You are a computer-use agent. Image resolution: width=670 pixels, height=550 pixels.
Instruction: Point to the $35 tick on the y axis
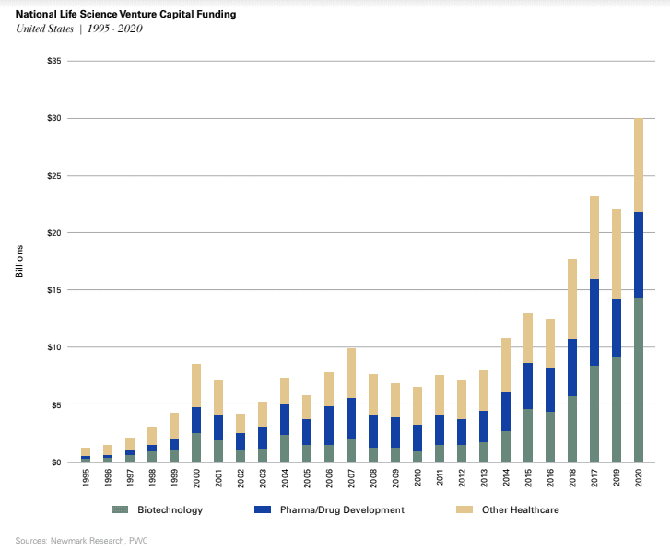(53, 61)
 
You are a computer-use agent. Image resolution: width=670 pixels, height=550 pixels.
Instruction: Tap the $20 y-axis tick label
(53, 233)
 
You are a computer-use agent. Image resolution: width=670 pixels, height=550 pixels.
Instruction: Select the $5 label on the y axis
(55, 404)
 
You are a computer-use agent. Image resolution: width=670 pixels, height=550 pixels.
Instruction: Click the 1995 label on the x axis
(86, 480)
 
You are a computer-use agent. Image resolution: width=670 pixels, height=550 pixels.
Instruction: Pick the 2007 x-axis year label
(351, 480)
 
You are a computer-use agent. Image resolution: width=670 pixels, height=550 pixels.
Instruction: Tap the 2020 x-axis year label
(639, 480)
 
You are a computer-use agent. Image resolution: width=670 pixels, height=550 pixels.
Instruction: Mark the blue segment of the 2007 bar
(351, 418)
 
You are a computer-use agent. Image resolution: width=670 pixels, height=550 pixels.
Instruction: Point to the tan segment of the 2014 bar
(505, 365)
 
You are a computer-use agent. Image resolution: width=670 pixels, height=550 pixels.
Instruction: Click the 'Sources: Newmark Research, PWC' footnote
(74, 540)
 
